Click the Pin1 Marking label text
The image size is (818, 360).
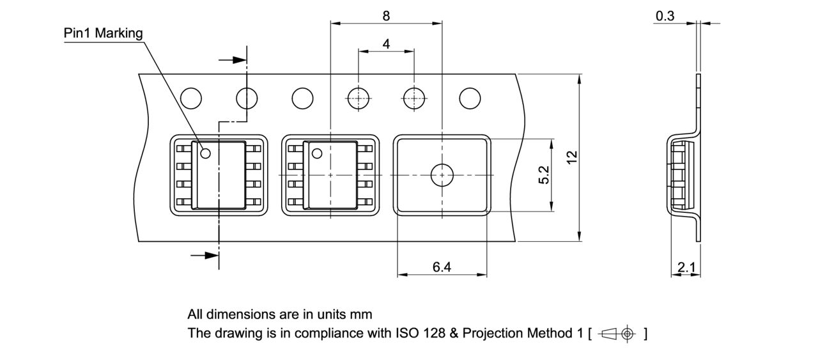pos(104,33)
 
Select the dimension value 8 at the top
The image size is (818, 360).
pos(386,16)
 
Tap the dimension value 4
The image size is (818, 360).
pos(386,44)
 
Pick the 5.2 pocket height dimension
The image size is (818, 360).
pos(544,175)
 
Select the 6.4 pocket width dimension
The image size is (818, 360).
pos(442,267)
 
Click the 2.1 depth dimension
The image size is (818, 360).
pos(686,268)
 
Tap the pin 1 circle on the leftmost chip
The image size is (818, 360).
pos(205,153)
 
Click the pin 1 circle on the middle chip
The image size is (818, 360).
pos(316,153)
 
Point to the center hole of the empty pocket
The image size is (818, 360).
pos(442,175)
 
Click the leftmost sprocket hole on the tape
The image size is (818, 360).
pos(191,98)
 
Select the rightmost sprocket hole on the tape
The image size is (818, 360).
pos(470,98)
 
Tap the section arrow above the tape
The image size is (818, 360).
pos(234,60)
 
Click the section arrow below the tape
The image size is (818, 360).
pos(205,255)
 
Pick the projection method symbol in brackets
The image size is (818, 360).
pos(617,334)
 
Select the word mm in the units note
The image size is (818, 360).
pos(360,315)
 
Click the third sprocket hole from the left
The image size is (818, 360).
pos(302,98)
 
